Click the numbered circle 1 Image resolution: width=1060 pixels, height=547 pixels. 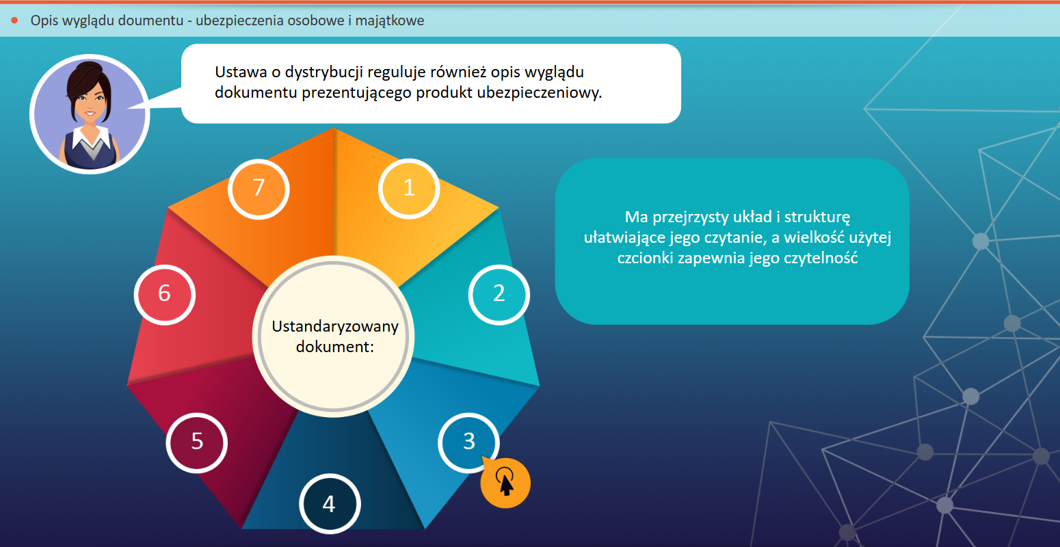coord(409,189)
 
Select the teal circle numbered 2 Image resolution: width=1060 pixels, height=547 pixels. coord(499,294)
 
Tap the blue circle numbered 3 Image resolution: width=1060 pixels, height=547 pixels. coord(468,442)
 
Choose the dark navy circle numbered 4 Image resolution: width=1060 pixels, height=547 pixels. coord(330,504)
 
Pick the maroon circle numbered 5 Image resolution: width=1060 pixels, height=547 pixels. coord(197,442)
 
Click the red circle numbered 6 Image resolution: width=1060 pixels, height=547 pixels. coord(165,294)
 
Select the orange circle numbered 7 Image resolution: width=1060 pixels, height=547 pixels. coord(259,189)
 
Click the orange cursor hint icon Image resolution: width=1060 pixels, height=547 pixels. coord(505,483)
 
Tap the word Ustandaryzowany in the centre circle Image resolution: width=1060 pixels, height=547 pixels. coord(335,327)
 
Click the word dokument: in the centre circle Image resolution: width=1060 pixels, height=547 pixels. coord(335,347)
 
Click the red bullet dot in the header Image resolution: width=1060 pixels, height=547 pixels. coord(14,21)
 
